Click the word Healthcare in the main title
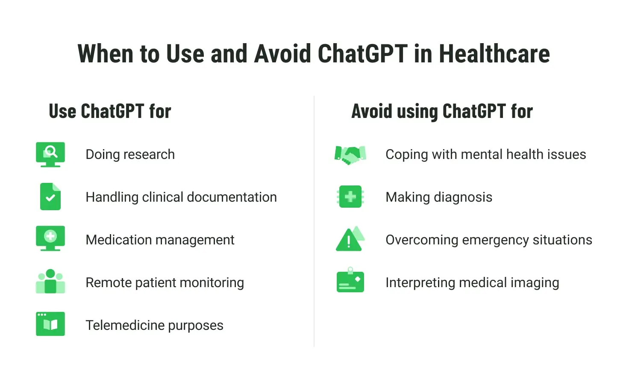click(x=494, y=53)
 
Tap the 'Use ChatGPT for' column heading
click(x=110, y=111)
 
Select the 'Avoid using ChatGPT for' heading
click(x=442, y=112)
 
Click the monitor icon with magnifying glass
click(x=50, y=155)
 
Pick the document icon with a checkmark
click(x=50, y=197)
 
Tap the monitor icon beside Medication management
click(x=50, y=238)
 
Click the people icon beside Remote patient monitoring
click(x=50, y=282)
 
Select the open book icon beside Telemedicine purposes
click(x=50, y=324)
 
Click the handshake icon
click(x=350, y=155)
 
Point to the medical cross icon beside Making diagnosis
click(x=350, y=197)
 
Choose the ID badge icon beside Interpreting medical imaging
click(x=350, y=280)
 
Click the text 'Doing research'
click(x=130, y=155)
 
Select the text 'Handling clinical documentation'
click(x=182, y=197)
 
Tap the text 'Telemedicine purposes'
click(x=155, y=326)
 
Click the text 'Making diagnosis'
click(x=439, y=197)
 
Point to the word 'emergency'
click(x=496, y=241)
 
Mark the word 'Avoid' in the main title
click(x=282, y=53)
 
